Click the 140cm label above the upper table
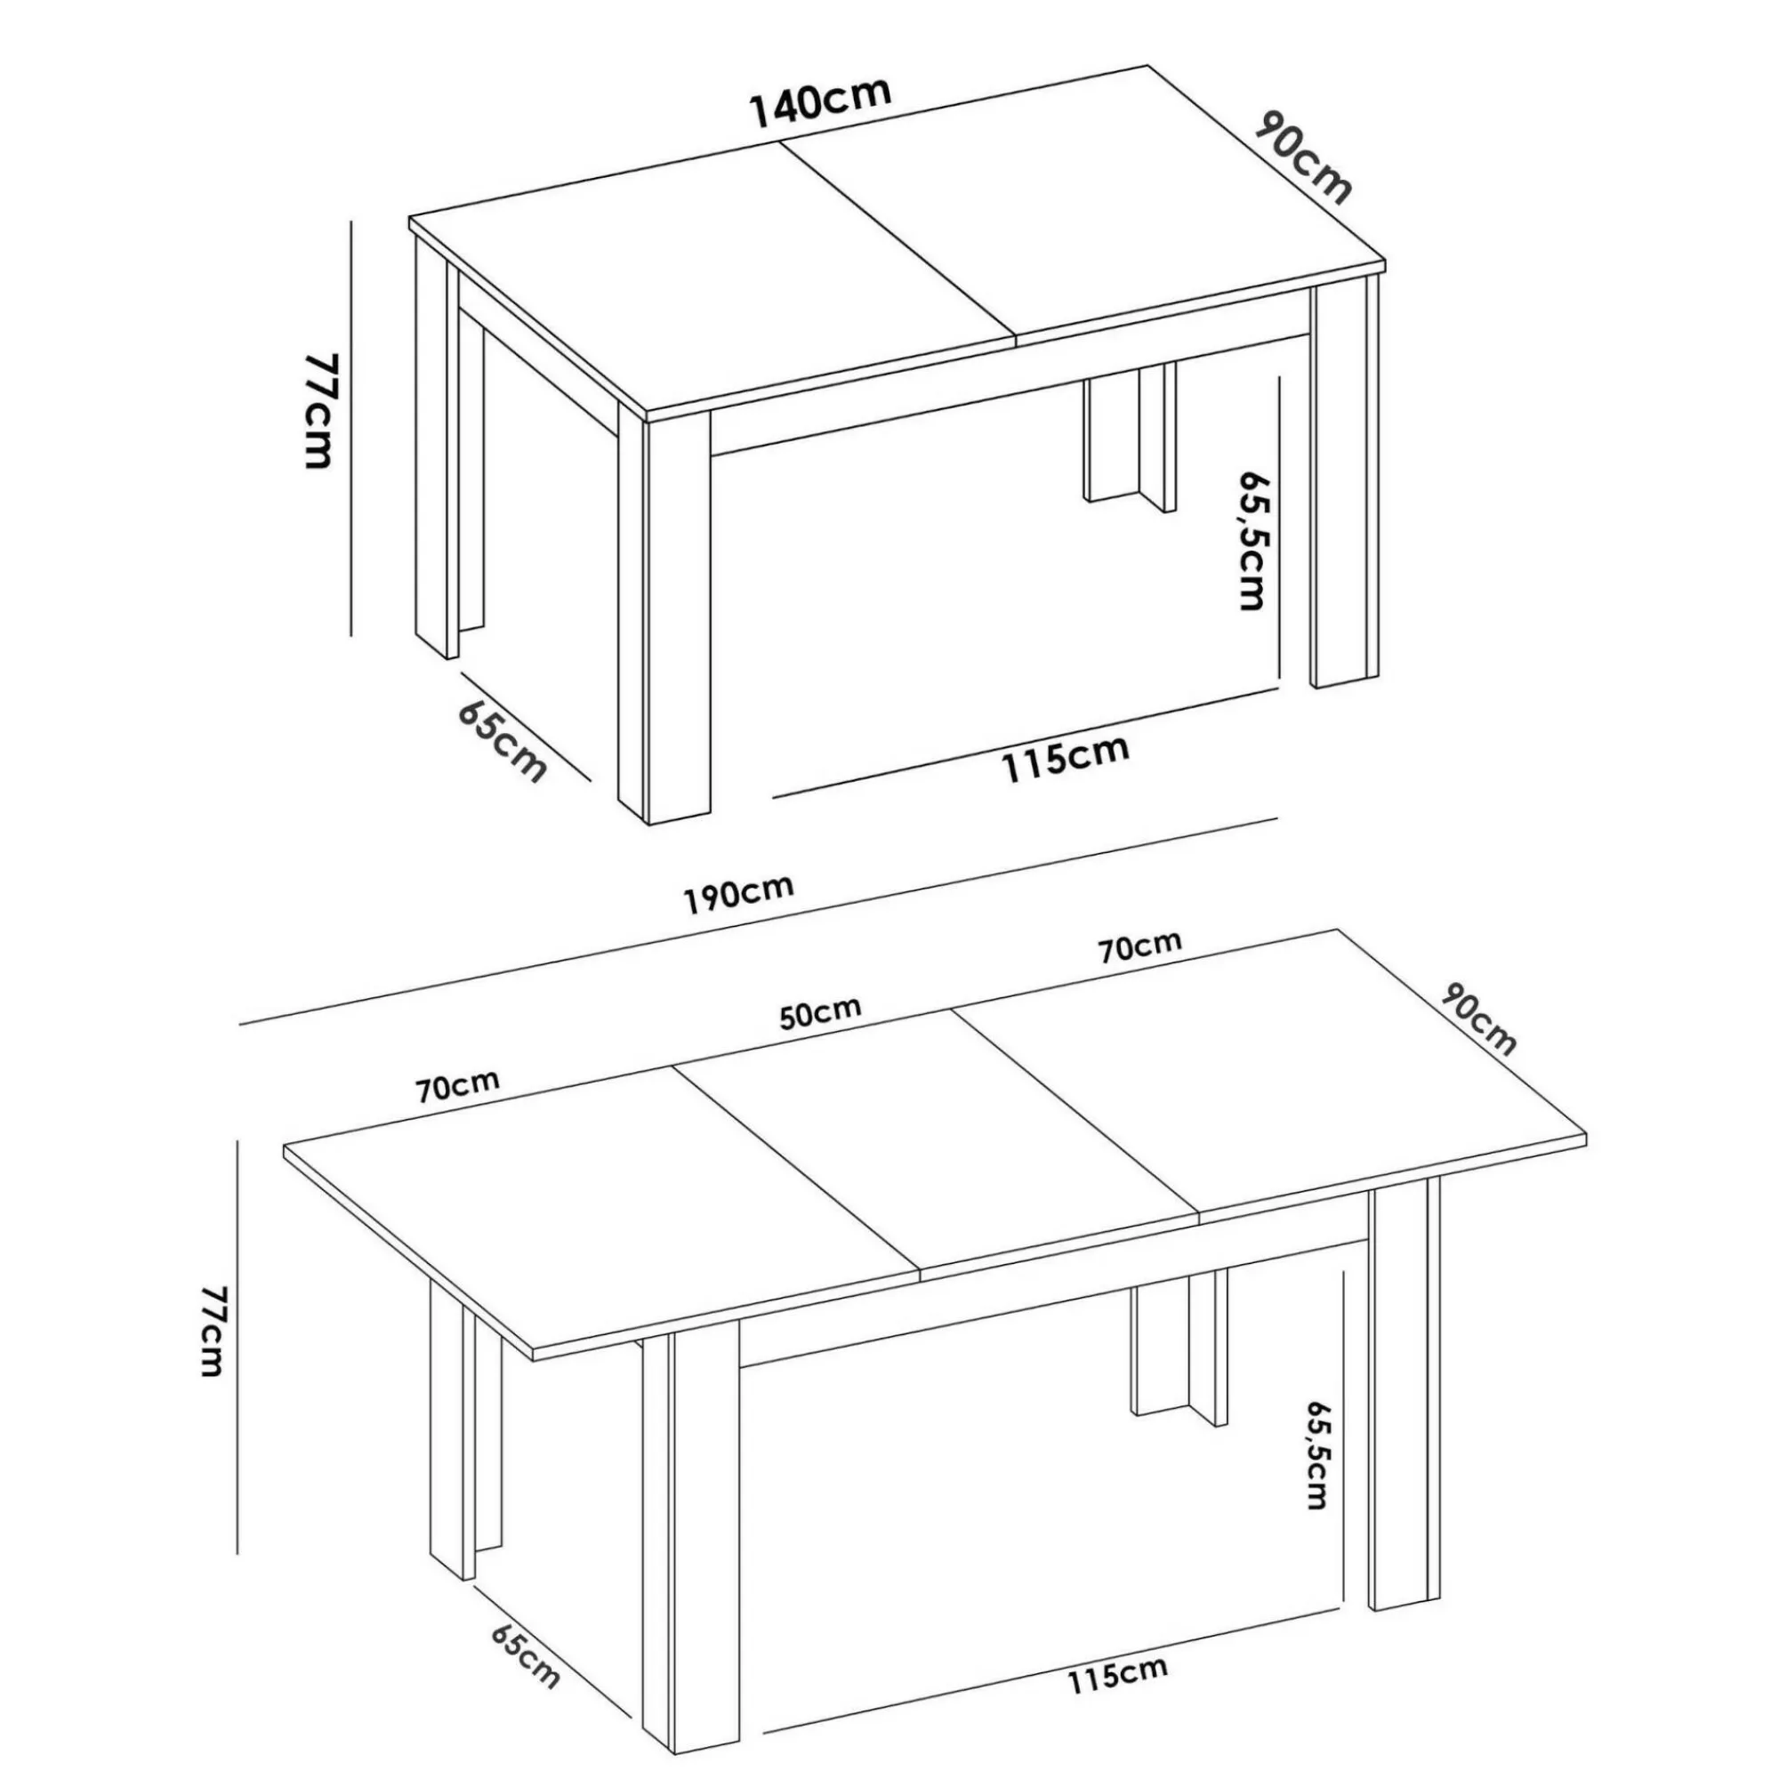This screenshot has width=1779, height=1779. point(822,103)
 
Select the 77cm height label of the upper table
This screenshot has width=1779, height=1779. point(317,411)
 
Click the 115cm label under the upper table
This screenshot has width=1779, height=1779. point(1066,757)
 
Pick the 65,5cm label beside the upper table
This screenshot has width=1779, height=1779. point(1252,542)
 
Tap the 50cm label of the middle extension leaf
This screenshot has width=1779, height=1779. point(821,1012)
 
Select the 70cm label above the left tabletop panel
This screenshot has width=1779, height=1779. point(457,1087)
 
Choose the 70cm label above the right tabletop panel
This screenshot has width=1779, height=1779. point(1139,947)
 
